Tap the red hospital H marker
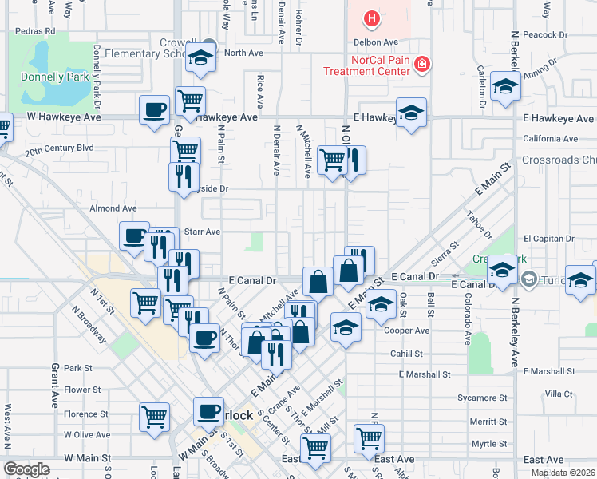click(371, 18)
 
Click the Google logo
click(26, 469)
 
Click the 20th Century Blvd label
click(59, 148)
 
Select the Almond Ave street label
click(113, 208)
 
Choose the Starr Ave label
click(201, 232)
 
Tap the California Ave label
click(550, 138)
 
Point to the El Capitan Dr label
click(550, 238)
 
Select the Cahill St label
click(407, 354)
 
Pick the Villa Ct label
click(558, 394)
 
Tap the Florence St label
click(86, 414)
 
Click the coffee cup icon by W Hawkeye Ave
click(154, 109)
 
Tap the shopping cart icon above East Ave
click(369, 437)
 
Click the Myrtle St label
click(488, 443)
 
